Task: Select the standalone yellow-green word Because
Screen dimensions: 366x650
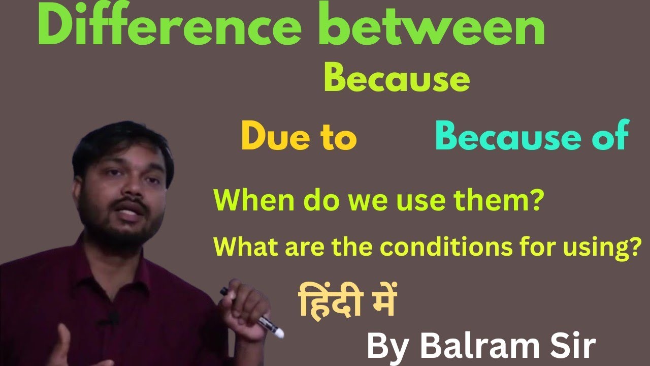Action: (x=396, y=80)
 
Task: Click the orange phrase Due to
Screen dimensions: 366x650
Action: (x=299, y=138)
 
